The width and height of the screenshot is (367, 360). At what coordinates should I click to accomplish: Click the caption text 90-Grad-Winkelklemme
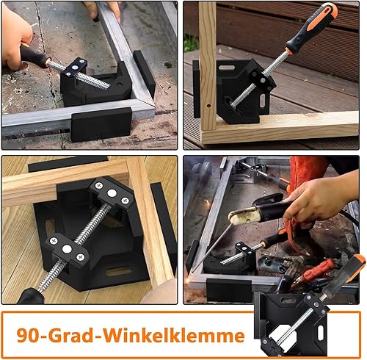point(131,335)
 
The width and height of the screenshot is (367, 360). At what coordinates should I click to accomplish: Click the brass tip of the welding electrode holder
point(241,215)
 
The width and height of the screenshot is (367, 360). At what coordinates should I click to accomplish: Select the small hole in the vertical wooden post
point(208,106)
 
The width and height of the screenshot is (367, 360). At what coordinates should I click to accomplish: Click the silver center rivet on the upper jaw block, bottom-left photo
point(112,193)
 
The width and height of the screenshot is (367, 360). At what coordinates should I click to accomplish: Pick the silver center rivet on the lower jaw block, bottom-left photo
point(67,249)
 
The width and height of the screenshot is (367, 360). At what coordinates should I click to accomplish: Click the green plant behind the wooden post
point(191,43)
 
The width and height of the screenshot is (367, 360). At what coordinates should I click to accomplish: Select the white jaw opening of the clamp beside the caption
point(282,335)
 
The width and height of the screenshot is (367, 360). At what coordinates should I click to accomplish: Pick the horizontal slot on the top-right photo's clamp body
point(227,68)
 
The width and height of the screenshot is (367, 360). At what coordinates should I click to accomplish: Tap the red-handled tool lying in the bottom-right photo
point(318,270)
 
